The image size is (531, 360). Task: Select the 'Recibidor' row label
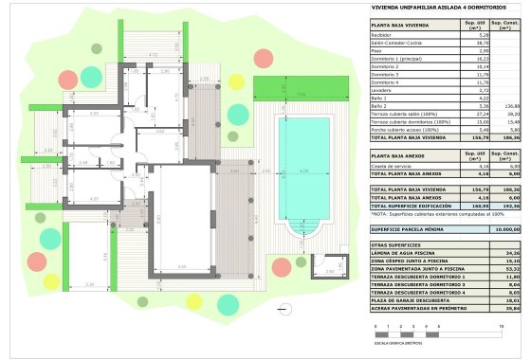(384, 35)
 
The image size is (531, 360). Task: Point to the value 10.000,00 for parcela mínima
(507, 228)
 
